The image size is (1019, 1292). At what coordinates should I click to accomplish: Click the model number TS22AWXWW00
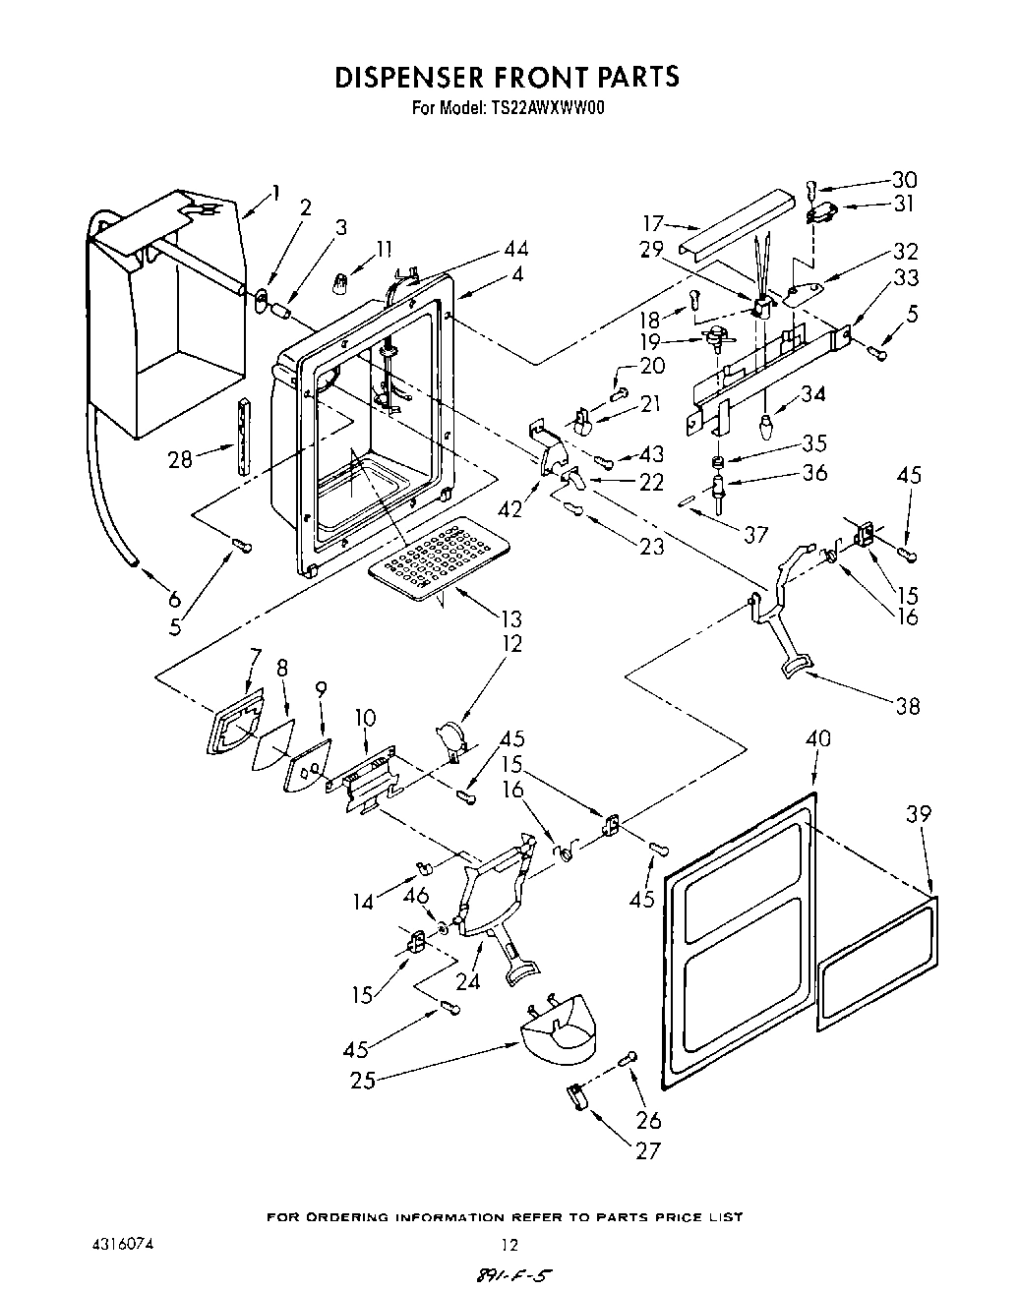coord(545,107)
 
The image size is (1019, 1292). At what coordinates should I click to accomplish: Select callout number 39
coord(920,814)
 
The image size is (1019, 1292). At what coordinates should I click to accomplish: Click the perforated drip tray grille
coord(439,564)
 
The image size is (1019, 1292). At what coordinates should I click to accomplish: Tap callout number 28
coord(180,458)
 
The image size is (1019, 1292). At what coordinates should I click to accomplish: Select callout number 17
coord(655,223)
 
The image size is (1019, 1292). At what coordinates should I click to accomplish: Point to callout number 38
coord(907,705)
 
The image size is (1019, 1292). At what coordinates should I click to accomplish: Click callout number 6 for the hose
coord(174,599)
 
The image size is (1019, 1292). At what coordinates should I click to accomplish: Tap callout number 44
coord(515,249)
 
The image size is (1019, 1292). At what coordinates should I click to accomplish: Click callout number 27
coord(647,1149)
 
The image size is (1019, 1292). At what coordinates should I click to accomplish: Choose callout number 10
coord(364,718)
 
